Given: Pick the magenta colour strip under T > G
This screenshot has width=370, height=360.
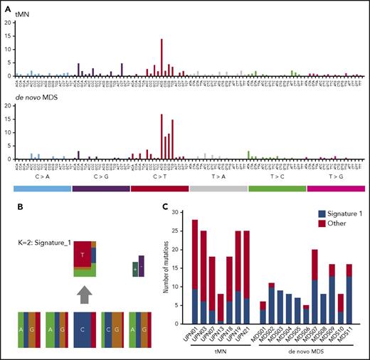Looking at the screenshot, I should click(x=336, y=188).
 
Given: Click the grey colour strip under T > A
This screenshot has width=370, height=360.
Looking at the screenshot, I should click(x=218, y=188).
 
